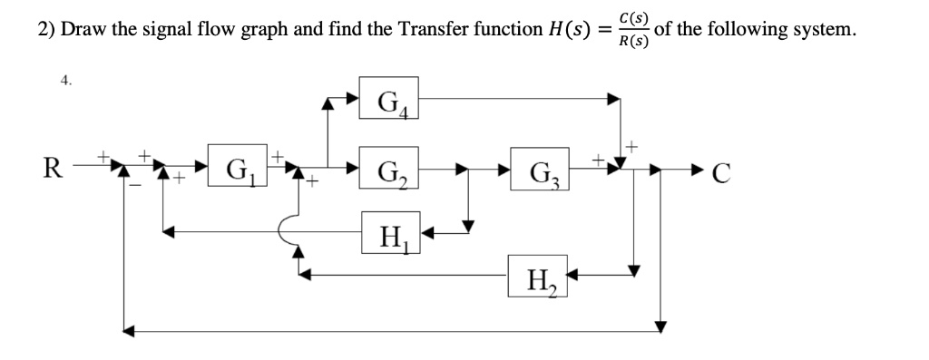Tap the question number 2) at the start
coord(46,29)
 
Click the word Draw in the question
coord(82,29)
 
